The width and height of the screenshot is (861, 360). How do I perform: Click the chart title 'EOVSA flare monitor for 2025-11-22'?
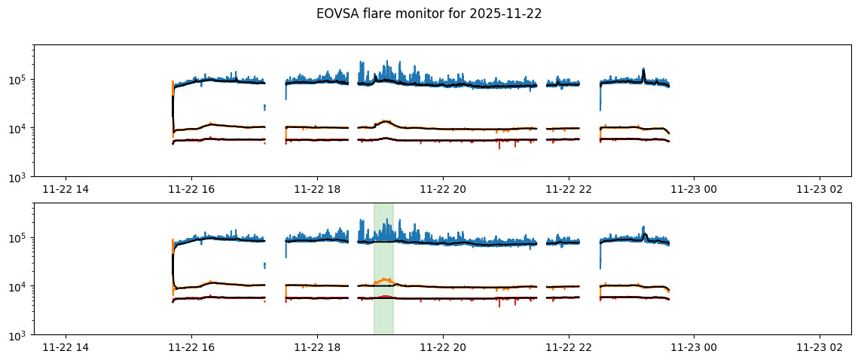[x=429, y=14]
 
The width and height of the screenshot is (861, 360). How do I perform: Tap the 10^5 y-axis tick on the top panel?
[x=20, y=80]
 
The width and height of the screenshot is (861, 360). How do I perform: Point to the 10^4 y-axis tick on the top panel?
[x=20, y=129]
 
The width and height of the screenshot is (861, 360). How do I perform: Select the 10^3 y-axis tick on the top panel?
[x=20, y=177]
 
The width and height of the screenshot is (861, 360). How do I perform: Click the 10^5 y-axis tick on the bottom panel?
[x=20, y=238]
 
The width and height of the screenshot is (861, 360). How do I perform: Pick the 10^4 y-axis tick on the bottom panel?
[x=20, y=287]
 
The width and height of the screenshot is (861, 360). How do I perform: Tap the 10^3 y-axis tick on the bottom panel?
[x=20, y=335]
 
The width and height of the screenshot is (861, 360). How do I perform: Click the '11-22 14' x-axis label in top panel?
[x=66, y=191]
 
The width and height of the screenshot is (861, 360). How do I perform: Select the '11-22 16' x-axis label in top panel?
[x=191, y=191]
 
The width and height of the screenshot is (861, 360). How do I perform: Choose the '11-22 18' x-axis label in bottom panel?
[x=317, y=349]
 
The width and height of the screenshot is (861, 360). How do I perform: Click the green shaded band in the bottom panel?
[x=383, y=316]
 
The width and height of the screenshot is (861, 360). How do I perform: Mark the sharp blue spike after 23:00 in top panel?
[x=643, y=71]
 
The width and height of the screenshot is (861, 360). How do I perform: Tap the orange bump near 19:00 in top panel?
[x=385, y=121]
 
